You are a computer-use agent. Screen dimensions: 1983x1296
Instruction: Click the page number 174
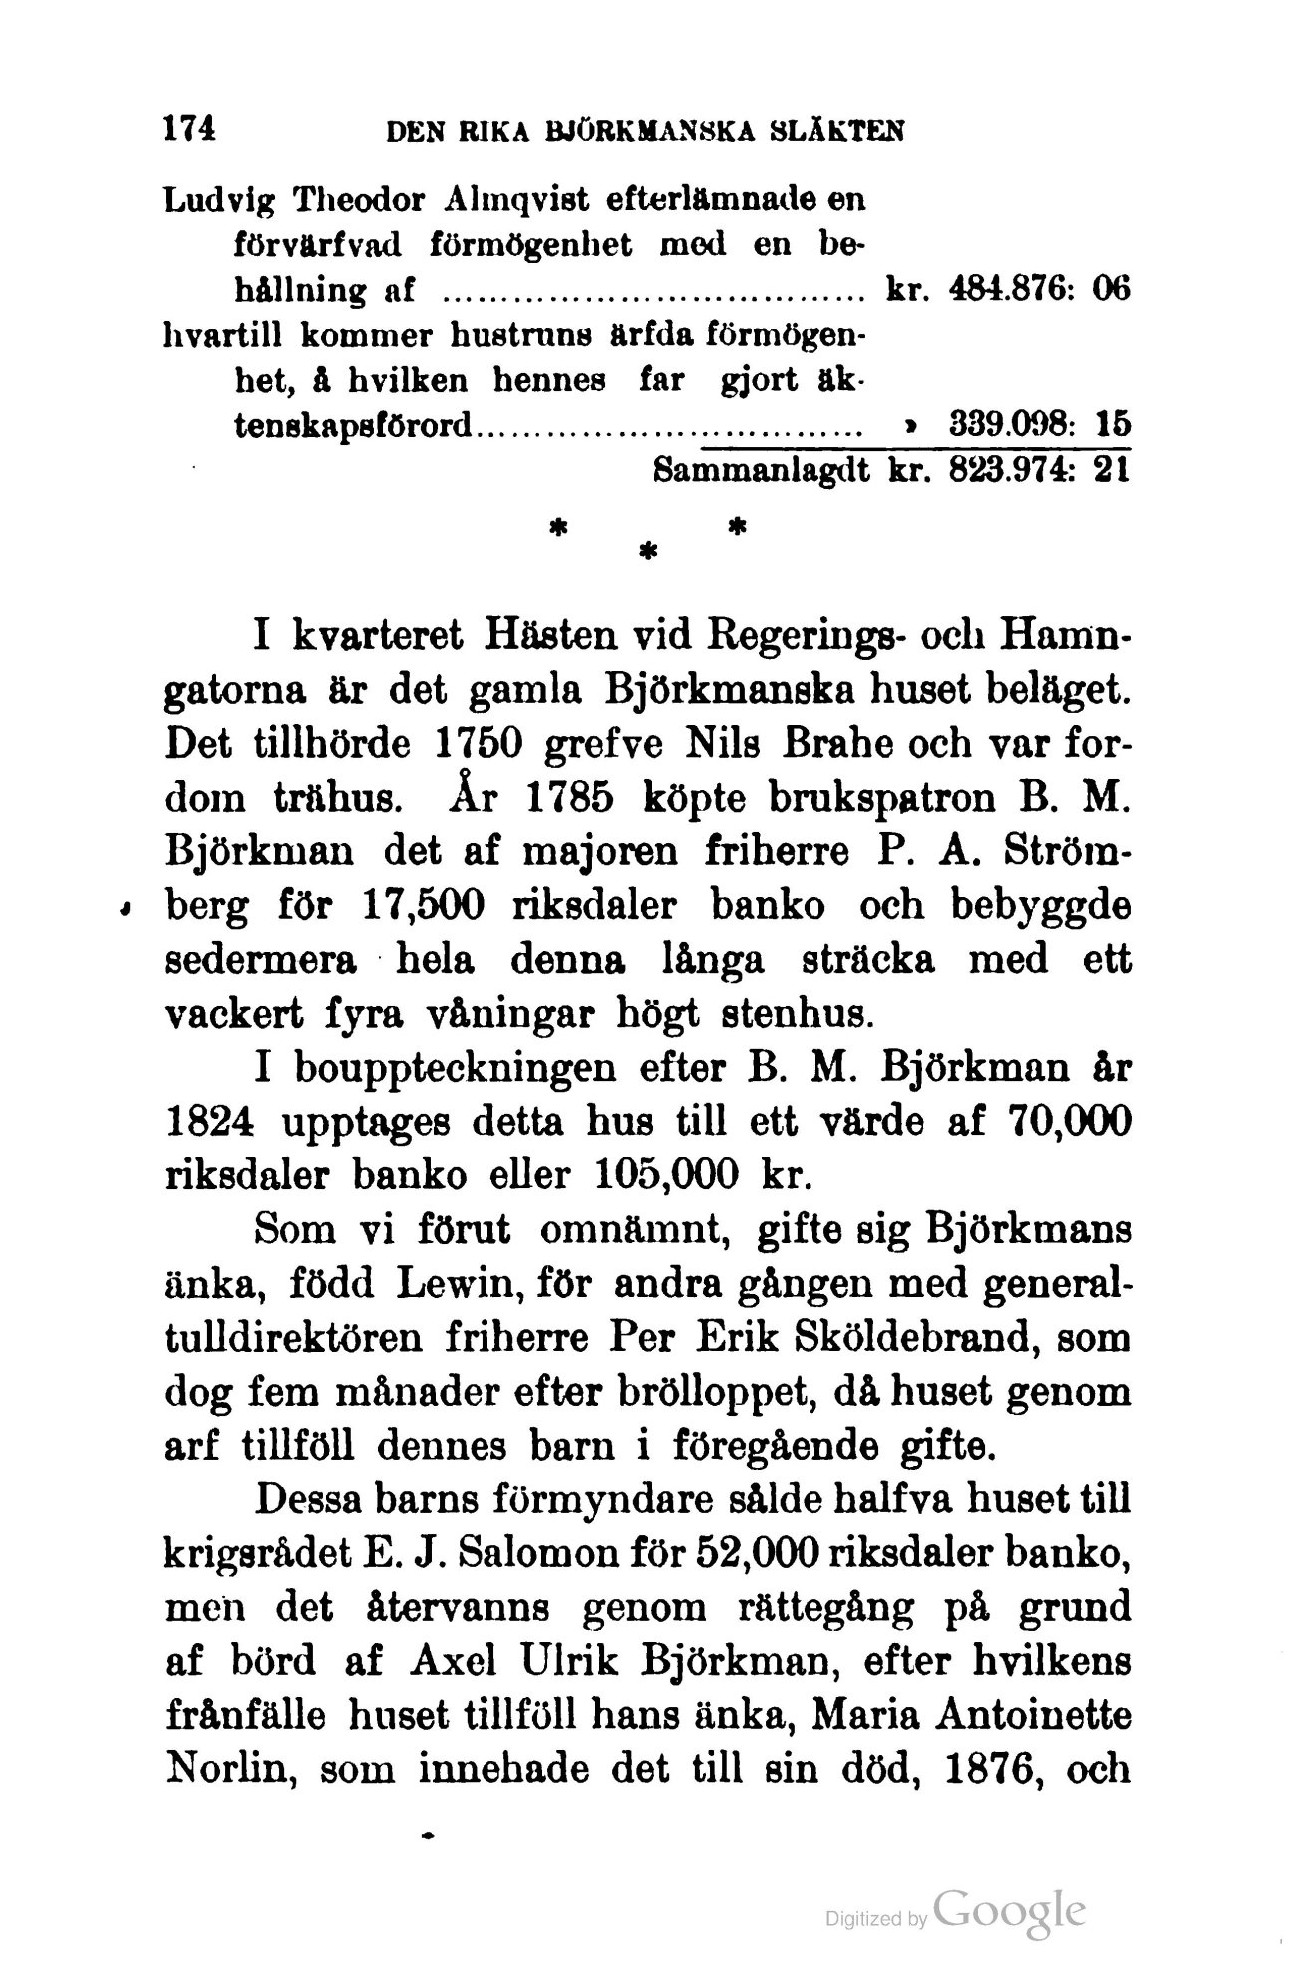pos(189,128)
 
